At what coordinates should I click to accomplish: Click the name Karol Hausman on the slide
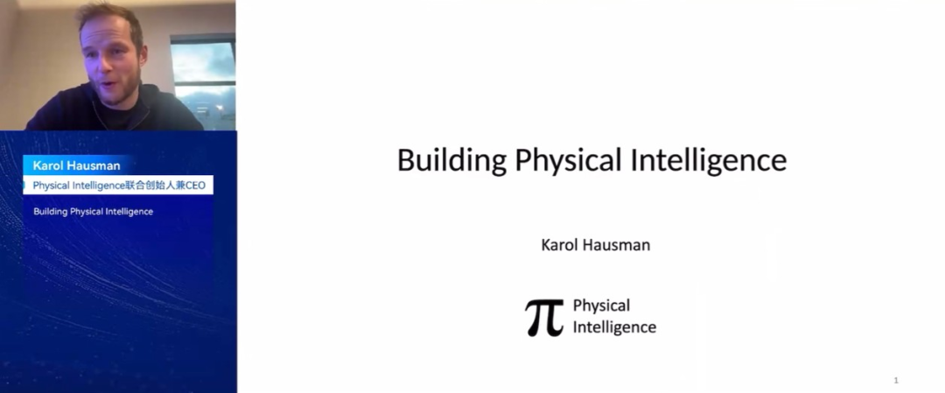[596, 245]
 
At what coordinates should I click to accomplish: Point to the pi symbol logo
[544, 318]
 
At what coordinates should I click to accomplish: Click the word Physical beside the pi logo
[601, 306]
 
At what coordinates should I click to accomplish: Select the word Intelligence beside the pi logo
[614, 327]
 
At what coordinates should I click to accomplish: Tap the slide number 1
[896, 381]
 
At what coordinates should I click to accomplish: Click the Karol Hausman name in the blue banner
[76, 165]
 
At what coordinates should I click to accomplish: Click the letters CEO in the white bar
[194, 186]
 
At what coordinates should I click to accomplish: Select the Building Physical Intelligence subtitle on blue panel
[94, 212]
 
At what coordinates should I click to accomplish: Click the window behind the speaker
[203, 81]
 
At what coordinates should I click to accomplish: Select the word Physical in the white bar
[49, 186]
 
